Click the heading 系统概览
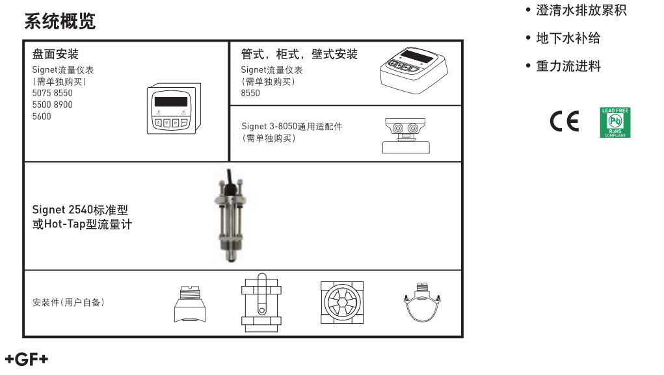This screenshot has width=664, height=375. pyautogui.click(x=60, y=21)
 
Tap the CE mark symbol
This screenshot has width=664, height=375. pyautogui.click(x=564, y=122)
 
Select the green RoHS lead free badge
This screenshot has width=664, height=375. pyautogui.click(x=615, y=123)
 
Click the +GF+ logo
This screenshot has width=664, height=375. pyautogui.click(x=26, y=359)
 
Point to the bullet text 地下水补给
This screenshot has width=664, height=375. pyautogui.click(x=568, y=38)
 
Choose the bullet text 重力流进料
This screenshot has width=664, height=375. pyautogui.click(x=568, y=66)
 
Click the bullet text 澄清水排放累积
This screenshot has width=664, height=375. pyautogui.click(x=581, y=10)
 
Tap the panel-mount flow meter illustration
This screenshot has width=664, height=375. pyautogui.click(x=170, y=110)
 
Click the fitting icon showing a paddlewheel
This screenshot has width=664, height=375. pyautogui.click(x=342, y=302)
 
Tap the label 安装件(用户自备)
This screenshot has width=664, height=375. pyautogui.click(x=68, y=302)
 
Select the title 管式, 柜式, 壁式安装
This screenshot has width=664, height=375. pyautogui.click(x=299, y=55)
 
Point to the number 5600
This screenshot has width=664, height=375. pyautogui.click(x=42, y=116)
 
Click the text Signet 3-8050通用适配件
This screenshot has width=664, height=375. pyautogui.click(x=291, y=126)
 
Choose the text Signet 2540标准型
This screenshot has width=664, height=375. pyautogui.click(x=80, y=210)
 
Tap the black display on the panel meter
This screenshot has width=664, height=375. pyautogui.click(x=170, y=101)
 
